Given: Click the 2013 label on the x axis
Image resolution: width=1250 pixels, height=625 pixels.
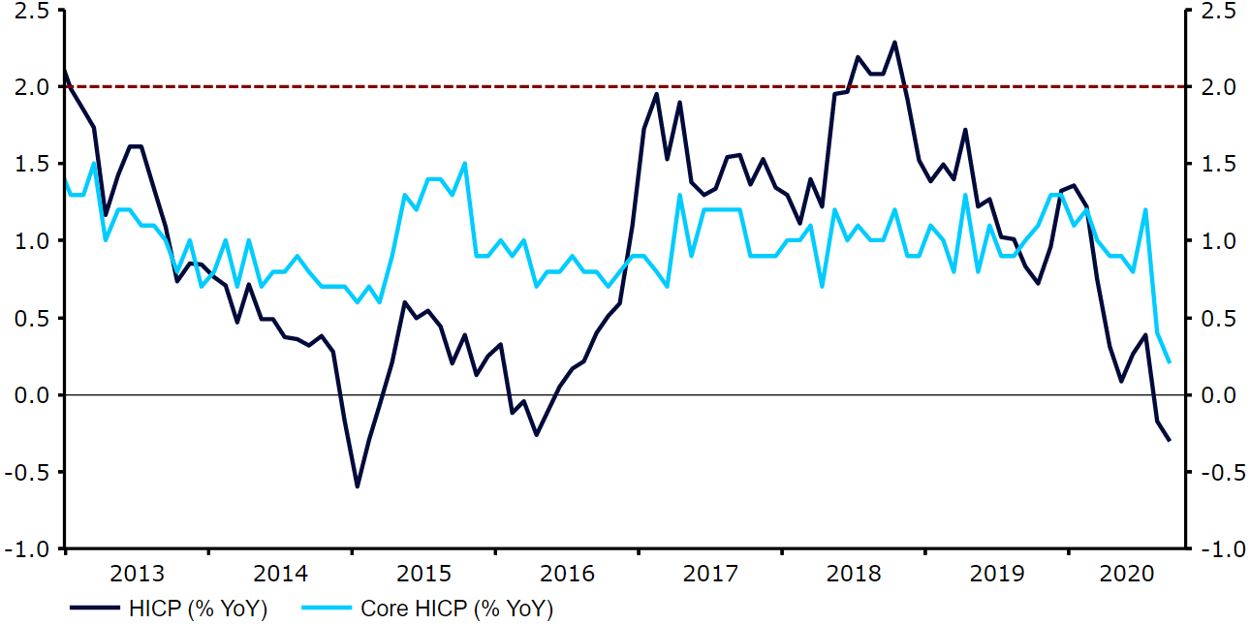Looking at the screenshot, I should coord(136,573).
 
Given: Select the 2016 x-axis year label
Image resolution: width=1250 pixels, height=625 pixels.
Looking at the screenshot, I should coord(568,573).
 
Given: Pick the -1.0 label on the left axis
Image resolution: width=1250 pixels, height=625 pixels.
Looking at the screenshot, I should coord(29,549).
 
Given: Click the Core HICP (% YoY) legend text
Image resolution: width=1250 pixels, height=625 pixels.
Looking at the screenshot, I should coord(455,609).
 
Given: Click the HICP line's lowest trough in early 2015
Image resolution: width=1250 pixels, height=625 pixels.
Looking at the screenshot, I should coord(357,486).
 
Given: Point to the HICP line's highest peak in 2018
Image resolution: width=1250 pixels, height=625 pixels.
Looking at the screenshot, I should coord(894,42).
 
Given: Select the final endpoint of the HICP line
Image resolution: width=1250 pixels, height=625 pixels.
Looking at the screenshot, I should coord(1170,441).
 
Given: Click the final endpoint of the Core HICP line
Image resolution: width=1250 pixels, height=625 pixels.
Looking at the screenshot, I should coord(1170,362).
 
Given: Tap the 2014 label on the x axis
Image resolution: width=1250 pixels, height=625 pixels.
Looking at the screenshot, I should coord(280,573).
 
